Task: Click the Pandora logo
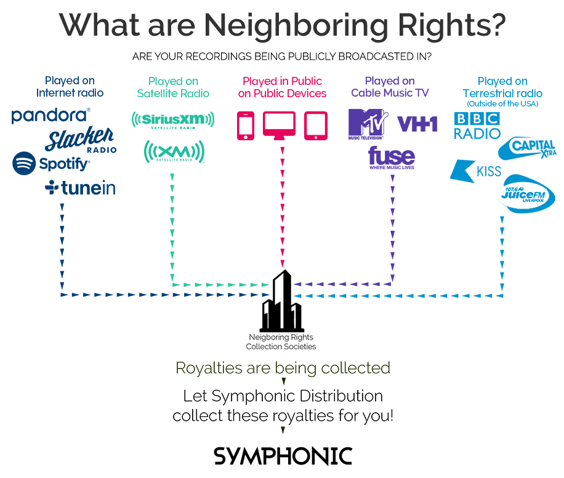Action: tap(51, 115)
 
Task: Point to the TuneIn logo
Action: tap(81, 188)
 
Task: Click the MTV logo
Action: tap(368, 123)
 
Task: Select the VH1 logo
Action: tap(417, 124)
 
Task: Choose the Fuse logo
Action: tap(392, 157)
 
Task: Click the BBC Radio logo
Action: tap(477, 125)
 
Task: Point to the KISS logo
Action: tap(476, 170)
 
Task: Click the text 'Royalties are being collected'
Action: tap(283, 368)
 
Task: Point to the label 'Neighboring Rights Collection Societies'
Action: tap(281, 342)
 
